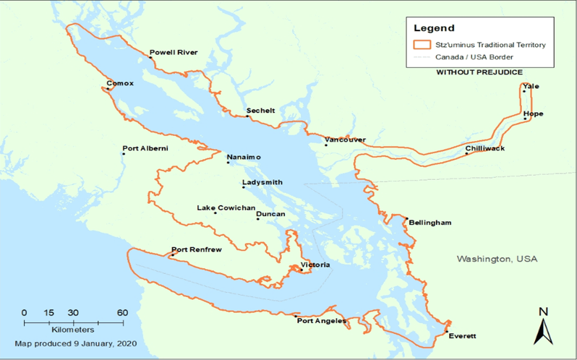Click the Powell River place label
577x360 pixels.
click(x=173, y=52)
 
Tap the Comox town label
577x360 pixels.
click(x=120, y=83)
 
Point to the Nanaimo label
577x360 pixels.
click(x=244, y=157)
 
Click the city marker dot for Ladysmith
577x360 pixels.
click(x=244, y=188)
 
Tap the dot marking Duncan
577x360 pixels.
click(x=258, y=219)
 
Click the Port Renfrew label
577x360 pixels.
click(x=196, y=249)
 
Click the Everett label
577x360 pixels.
click(x=463, y=336)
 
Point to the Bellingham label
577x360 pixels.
click(x=429, y=223)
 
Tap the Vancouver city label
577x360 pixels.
click(x=345, y=140)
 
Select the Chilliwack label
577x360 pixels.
click(x=484, y=148)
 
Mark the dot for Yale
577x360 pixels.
click(x=523, y=92)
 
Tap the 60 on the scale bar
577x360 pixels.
click(x=123, y=312)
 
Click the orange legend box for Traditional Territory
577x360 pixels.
click(x=422, y=45)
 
